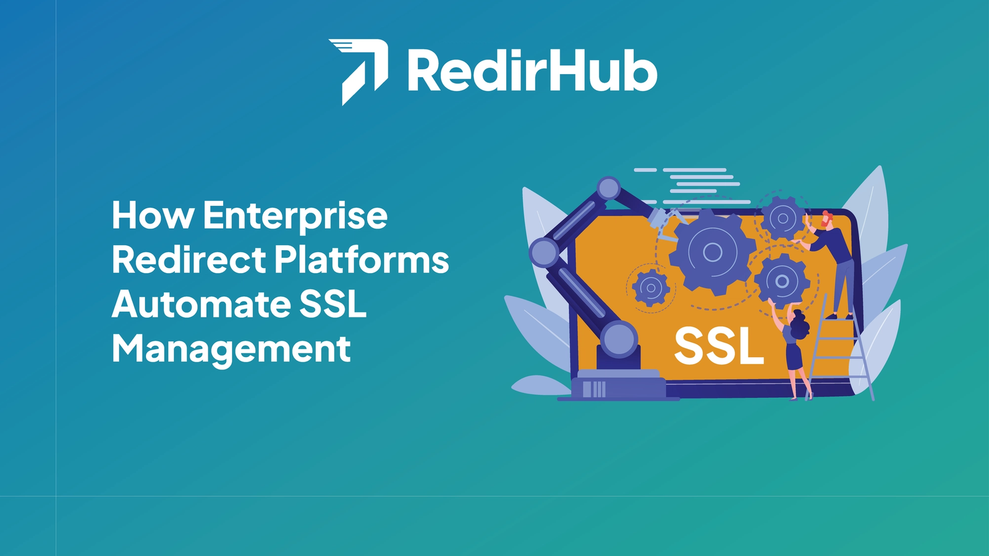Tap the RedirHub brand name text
(x=532, y=70)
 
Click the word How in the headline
(x=153, y=215)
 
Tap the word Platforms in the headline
(x=362, y=259)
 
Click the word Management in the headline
(x=231, y=350)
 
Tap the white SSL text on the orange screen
(x=719, y=347)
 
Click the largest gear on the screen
(x=711, y=252)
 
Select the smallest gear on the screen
(x=651, y=288)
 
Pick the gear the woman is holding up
(x=782, y=280)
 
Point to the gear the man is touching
(x=783, y=218)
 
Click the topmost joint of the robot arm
(x=609, y=189)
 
